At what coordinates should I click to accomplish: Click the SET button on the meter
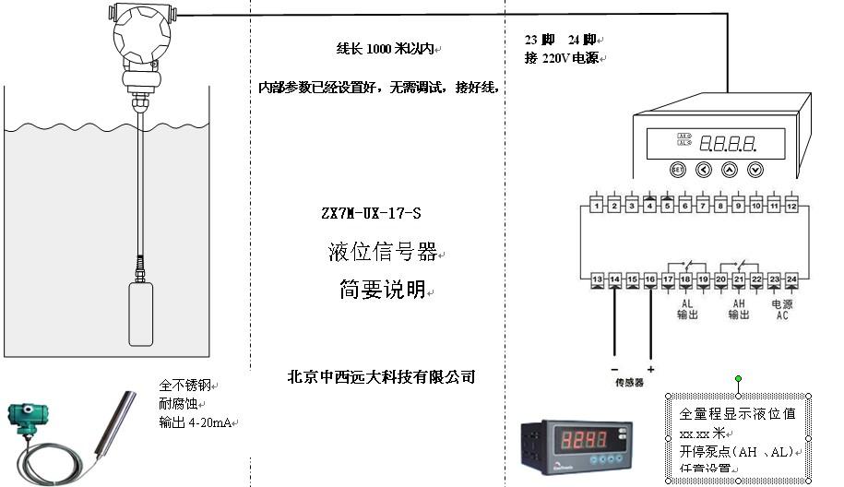(677, 170)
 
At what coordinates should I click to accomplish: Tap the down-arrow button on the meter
(755, 170)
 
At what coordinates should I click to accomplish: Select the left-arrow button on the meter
(703, 170)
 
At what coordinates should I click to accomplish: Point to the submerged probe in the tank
(140, 314)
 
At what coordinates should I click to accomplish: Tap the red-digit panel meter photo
(576, 445)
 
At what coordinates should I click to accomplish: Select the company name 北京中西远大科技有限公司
(381, 376)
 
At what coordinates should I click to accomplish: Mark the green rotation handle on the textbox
(738, 379)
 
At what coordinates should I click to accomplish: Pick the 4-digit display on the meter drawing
(729, 143)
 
